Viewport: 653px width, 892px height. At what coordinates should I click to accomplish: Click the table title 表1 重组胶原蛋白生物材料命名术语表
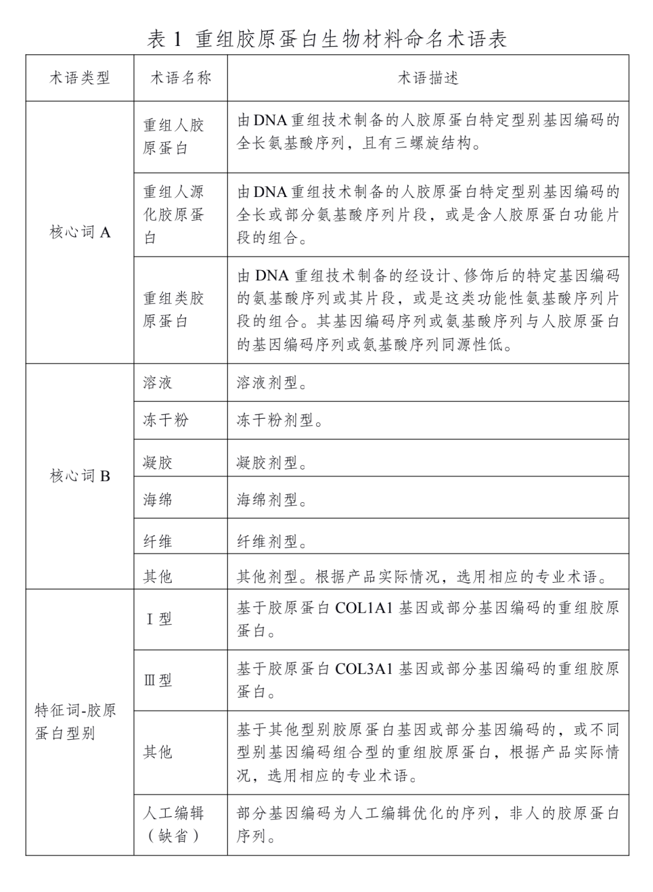pyautogui.click(x=326, y=39)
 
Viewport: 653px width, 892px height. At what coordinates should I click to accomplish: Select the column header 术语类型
pyautogui.click(x=79, y=78)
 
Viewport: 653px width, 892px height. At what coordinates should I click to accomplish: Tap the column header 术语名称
pyautogui.click(x=180, y=78)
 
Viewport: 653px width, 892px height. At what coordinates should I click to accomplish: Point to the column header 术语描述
pyautogui.click(x=427, y=78)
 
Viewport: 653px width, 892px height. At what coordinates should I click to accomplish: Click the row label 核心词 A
pyautogui.click(x=79, y=232)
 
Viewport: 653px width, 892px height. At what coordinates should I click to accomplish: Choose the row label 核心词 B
pyautogui.click(x=79, y=476)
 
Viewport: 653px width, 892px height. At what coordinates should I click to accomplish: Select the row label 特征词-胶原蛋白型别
pyautogui.click(x=75, y=722)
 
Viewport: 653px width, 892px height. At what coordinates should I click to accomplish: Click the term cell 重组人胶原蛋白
pyautogui.click(x=174, y=137)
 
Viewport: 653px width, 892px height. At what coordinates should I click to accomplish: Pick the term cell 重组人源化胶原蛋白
pyautogui.click(x=174, y=215)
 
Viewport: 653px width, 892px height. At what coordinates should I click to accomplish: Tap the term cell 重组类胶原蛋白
pyautogui.click(x=174, y=309)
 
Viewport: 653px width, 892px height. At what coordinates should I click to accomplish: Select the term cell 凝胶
pyautogui.click(x=158, y=463)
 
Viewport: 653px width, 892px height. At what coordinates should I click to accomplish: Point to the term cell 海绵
pyautogui.click(x=158, y=500)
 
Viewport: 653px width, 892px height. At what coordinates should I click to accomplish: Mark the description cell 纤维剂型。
pyautogui.click(x=272, y=541)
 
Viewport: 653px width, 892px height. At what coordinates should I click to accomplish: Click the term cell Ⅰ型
pyautogui.click(x=160, y=619)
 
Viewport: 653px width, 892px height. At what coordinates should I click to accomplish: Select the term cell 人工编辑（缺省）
pyautogui.click(x=174, y=824)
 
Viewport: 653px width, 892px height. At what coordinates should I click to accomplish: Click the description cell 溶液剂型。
pyautogui.click(x=272, y=383)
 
